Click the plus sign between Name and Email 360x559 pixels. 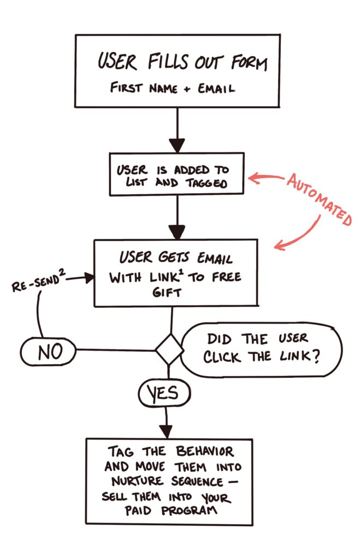click(x=187, y=88)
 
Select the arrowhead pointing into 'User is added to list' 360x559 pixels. click(x=177, y=145)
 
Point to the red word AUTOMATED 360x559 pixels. click(x=319, y=200)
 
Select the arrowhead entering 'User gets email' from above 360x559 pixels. click(x=177, y=232)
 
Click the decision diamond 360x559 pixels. click(x=169, y=350)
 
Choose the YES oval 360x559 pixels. click(x=165, y=393)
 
